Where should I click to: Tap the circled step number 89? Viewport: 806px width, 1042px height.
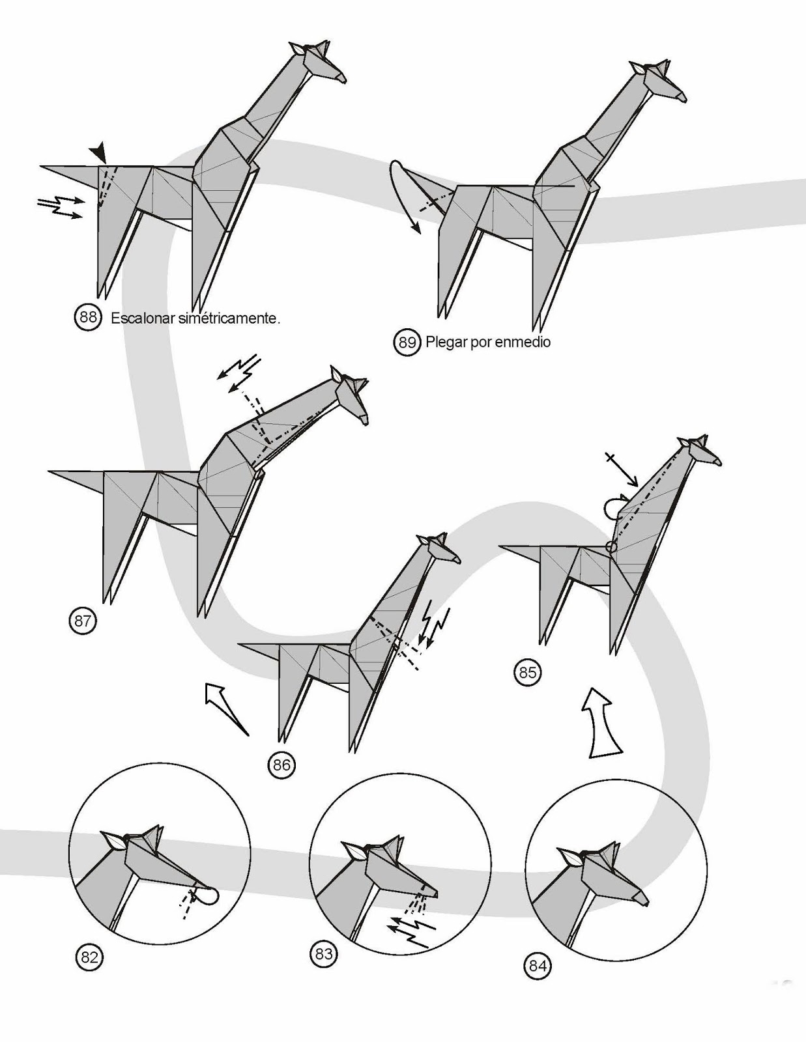(407, 342)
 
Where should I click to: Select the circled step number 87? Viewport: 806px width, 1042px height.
(83, 620)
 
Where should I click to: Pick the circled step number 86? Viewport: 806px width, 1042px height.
(281, 765)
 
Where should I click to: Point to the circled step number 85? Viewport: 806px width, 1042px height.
(527, 671)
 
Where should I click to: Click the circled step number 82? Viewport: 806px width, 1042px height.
(89, 957)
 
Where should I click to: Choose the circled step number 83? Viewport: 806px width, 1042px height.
(324, 955)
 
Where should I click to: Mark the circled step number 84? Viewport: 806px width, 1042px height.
(538, 966)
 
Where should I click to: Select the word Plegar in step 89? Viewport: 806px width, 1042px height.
(446, 342)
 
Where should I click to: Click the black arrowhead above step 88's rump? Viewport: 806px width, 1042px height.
(98, 153)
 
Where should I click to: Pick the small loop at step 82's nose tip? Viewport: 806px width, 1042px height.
(208, 896)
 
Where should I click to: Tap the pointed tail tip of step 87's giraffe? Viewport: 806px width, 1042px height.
(51, 470)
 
